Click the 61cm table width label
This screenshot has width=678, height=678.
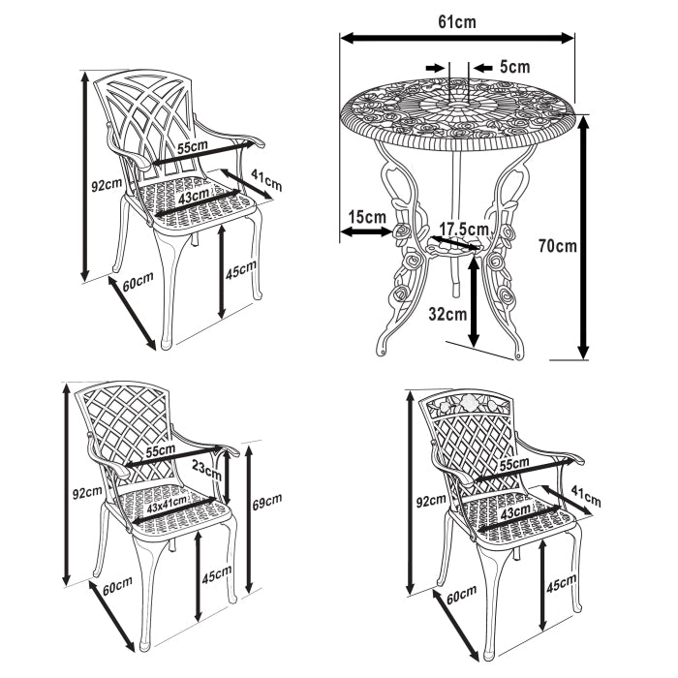point(456,19)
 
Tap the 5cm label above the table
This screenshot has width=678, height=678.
point(514,67)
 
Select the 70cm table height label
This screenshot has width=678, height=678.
point(557,246)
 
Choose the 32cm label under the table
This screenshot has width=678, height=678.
point(447,313)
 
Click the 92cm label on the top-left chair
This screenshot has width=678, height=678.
point(107,183)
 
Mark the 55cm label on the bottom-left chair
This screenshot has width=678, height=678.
point(161,451)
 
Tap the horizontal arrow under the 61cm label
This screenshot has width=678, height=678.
point(456,39)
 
